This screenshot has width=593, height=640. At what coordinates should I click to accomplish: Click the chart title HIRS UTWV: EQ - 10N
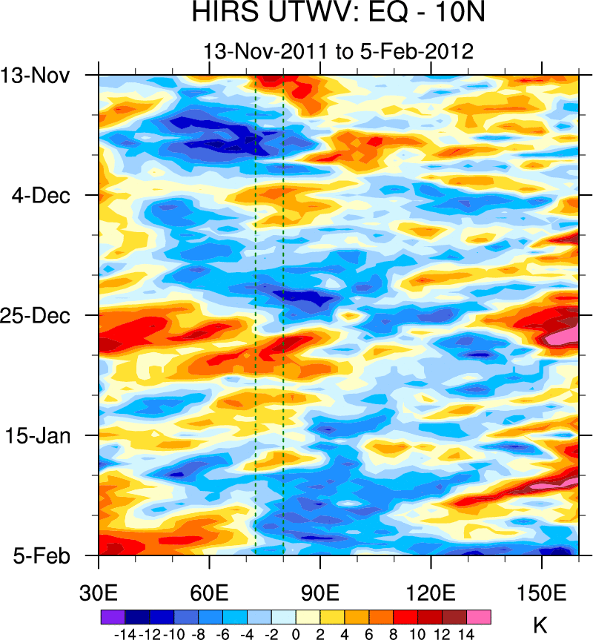(338, 14)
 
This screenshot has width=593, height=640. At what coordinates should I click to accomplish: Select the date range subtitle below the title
(338, 52)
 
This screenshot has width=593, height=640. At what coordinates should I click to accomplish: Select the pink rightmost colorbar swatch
(478, 616)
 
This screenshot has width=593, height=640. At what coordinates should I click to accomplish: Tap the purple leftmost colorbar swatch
(112, 616)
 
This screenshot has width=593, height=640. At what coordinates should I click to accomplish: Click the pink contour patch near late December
(561, 335)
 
